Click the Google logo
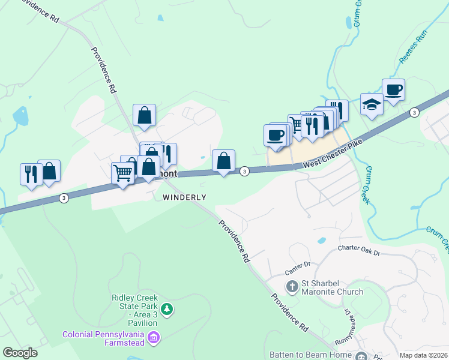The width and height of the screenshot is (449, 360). (20, 353)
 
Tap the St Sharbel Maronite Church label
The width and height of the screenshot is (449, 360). (332, 287)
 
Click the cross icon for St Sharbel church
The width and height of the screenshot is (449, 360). (292, 286)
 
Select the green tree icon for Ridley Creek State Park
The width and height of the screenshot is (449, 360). (167, 310)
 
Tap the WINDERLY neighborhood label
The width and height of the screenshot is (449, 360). (184, 197)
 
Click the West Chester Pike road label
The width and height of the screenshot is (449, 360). (334, 154)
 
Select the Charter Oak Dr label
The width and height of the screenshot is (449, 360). (359, 249)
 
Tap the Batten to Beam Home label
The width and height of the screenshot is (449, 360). (310, 355)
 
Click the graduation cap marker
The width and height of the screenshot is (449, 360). (372, 104)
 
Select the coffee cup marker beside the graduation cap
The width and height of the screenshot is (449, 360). (393, 90)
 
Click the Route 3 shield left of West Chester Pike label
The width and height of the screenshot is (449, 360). (244, 172)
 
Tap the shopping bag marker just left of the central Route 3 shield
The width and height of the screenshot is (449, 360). (223, 161)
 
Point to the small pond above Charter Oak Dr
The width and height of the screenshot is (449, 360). (322, 241)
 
